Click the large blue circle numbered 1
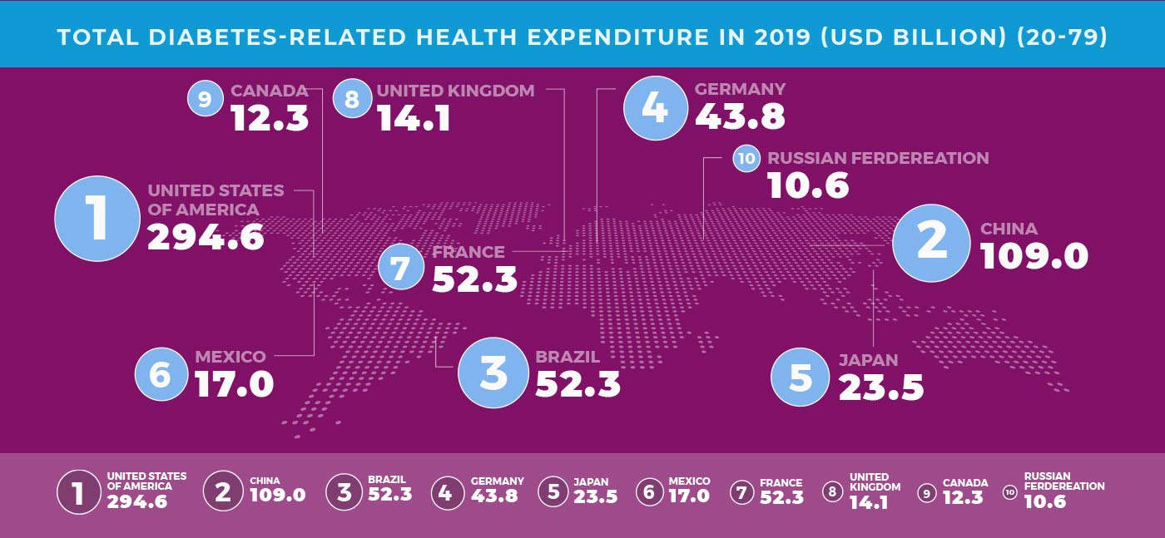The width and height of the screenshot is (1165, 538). (x=97, y=219)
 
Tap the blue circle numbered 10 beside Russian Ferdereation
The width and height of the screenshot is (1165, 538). (x=746, y=158)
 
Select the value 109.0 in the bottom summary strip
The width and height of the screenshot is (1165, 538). (x=278, y=495)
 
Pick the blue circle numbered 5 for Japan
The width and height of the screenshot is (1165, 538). (x=800, y=378)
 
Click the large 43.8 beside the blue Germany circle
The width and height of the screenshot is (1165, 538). (x=740, y=116)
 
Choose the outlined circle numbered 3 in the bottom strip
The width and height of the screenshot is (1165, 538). (x=344, y=492)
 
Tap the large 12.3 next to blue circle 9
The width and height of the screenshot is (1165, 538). (x=270, y=118)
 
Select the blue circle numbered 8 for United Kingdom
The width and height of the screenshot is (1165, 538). (x=351, y=100)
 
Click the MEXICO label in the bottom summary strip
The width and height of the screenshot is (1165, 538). (x=689, y=481)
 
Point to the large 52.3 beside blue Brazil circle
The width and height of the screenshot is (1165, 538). (x=578, y=383)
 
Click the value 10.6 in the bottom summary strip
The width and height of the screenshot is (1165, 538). (x=1044, y=501)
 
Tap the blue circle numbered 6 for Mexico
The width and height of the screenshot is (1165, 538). (x=159, y=375)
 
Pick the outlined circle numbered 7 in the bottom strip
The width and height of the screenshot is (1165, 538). (x=741, y=492)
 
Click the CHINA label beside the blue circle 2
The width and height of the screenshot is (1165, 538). (x=1009, y=229)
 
